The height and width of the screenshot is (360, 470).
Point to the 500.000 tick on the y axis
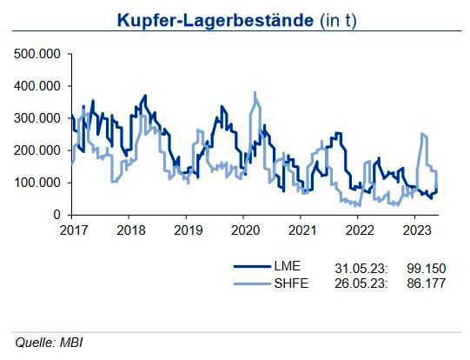(38, 54)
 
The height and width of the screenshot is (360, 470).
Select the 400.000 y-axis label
(38, 86)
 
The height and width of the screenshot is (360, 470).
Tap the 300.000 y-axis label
(38, 118)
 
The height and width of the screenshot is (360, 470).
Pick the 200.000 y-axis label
(38, 150)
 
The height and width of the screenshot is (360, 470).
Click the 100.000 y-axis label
(38, 183)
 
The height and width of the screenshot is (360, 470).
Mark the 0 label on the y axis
(58, 215)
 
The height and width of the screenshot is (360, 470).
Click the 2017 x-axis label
(73, 230)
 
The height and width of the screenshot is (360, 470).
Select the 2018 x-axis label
(129, 230)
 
